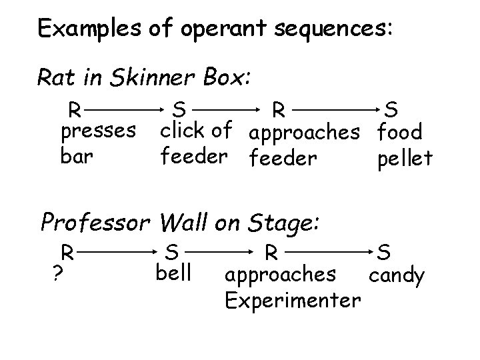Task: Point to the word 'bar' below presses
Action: [x=75, y=159]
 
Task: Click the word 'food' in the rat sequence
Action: [x=400, y=132]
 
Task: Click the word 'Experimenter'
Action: [x=293, y=301]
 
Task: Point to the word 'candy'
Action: [x=396, y=275]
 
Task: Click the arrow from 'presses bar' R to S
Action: [x=125, y=106]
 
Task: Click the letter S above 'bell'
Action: [x=172, y=253]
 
